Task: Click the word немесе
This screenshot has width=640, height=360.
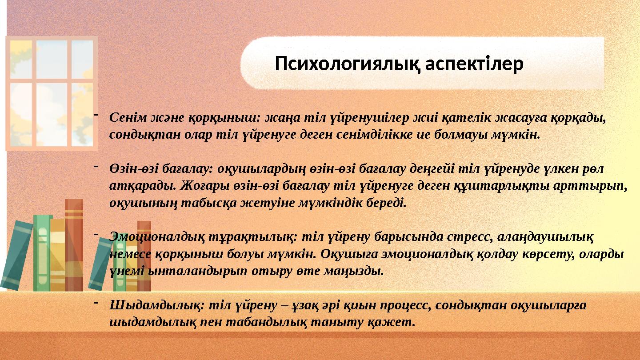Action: (129, 254)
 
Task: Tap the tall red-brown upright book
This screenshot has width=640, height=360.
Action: (74, 244)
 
